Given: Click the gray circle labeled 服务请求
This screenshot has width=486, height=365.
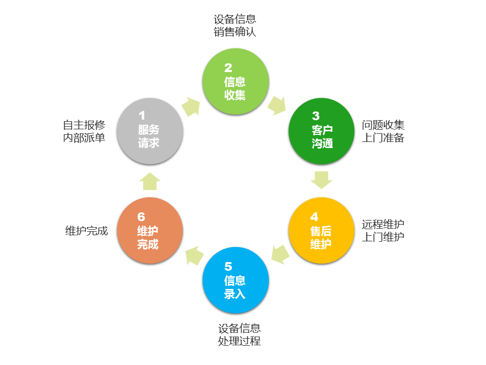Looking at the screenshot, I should coord(149,131).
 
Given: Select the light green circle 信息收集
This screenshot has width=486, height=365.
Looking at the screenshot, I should coord(235,82).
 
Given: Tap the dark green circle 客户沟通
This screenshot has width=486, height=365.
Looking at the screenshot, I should coord(321,131).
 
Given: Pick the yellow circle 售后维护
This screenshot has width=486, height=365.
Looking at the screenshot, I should coord(321,230).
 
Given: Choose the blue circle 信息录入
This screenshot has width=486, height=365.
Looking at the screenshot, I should coord(235,280).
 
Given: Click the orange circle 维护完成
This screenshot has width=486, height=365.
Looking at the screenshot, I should coord(149,230).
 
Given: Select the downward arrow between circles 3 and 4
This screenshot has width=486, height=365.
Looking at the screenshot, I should coord(321,180).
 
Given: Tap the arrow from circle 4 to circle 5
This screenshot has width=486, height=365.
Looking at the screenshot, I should coord(280,254).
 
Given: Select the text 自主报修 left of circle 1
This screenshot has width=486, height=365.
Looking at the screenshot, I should coord(84,125).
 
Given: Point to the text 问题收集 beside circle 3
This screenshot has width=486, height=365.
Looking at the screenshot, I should coord(383,125).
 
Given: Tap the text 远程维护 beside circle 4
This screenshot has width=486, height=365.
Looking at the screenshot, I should coord(383,224).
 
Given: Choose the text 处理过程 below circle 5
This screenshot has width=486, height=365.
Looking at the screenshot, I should coord(239,341).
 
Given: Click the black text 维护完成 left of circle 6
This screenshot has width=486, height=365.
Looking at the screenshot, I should coord(87,231).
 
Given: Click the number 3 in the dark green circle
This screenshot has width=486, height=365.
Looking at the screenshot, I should coord(316,116).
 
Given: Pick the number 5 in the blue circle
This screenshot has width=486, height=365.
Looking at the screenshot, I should coord(228,266).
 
